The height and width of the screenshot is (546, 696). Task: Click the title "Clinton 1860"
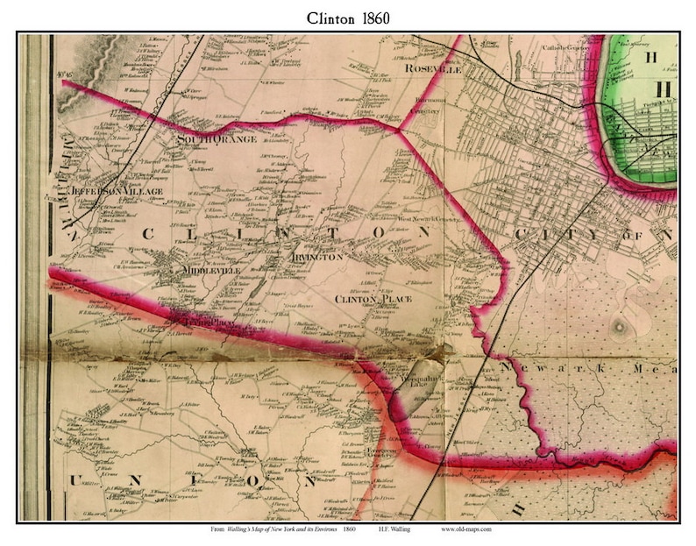click(x=348, y=17)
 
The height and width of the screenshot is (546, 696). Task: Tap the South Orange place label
click(x=217, y=139)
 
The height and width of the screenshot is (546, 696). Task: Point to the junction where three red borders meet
click(x=400, y=131)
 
